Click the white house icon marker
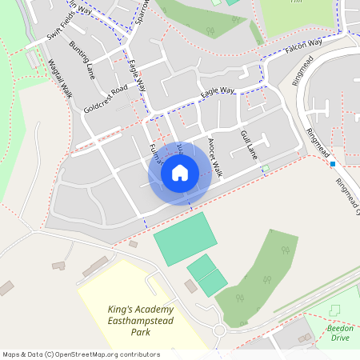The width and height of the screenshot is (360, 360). [x=180, y=172]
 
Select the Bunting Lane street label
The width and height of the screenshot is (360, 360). [x=82, y=60]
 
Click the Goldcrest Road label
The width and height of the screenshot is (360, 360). [x=106, y=98]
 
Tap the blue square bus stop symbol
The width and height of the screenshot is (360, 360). [x=332, y=164]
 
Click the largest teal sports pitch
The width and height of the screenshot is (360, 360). [x=186, y=238]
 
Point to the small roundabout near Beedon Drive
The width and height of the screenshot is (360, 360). [x=218, y=330]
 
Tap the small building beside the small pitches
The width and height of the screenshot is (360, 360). [x=190, y=286]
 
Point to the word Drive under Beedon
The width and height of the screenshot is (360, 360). [x=340, y=338]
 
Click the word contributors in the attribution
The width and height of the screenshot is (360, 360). [x=138, y=354]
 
